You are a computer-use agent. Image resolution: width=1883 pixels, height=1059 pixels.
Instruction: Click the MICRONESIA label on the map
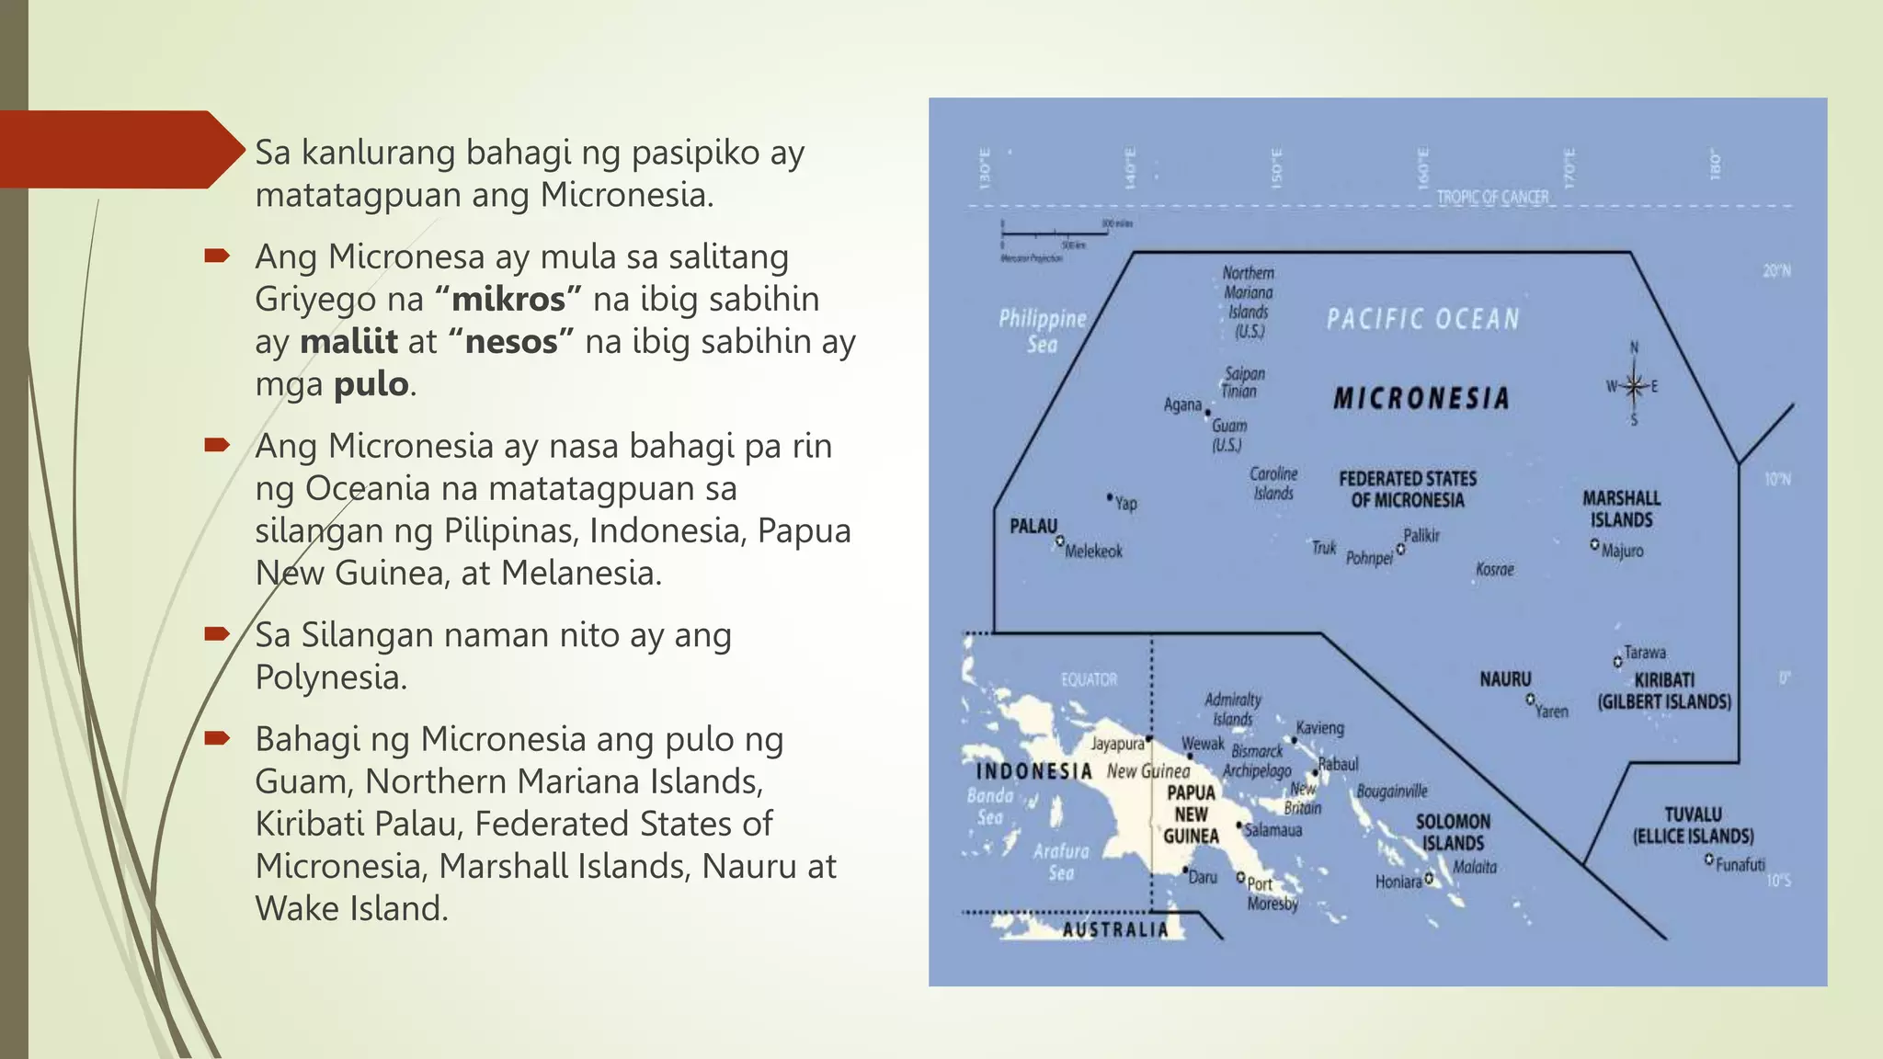point(1421,398)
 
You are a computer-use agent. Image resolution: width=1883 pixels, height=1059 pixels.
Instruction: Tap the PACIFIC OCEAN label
point(1422,319)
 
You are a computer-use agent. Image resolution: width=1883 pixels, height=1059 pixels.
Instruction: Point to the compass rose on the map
point(1633,385)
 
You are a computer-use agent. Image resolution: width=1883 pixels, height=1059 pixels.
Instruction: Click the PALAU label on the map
point(1033,526)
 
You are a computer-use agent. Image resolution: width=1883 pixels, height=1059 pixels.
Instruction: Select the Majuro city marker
point(1594,544)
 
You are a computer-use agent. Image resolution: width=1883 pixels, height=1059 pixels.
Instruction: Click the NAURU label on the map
point(1505,679)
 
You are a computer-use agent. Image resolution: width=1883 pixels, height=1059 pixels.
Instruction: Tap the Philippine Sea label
point(1043,331)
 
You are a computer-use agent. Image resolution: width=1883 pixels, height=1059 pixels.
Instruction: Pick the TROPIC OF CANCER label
point(1492,197)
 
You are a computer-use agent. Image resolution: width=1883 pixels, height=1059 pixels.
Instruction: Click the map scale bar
point(1054,233)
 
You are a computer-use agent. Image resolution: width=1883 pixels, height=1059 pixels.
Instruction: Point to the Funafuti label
point(1740,864)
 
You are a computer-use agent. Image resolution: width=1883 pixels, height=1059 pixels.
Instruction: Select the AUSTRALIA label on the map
point(1115,929)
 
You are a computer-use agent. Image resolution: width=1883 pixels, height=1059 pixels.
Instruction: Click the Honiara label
point(1398,882)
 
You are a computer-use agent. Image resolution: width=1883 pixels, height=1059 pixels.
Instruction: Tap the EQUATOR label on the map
point(1089,679)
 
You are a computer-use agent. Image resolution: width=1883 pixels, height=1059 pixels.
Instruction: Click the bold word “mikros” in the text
point(508,299)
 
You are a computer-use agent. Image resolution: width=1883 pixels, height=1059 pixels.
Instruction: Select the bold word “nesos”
point(511,341)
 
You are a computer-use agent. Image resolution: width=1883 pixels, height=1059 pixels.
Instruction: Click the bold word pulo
point(371,383)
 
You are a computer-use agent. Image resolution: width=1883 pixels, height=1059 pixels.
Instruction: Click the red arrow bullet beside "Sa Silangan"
point(217,633)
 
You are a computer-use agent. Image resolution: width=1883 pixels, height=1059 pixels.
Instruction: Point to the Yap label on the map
point(1125,503)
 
